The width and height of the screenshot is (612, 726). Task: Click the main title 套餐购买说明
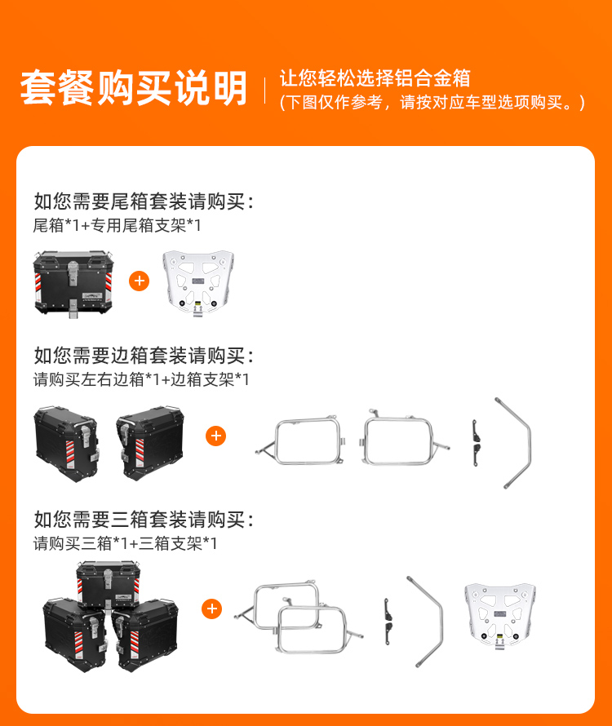pyautogui.click(x=134, y=87)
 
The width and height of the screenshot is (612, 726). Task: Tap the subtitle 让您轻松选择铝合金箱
pyautogui.click(x=375, y=77)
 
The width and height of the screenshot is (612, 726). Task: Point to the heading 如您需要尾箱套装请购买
pyautogui.click(x=144, y=201)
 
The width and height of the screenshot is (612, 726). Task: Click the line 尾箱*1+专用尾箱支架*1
pyautogui.click(x=118, y=225)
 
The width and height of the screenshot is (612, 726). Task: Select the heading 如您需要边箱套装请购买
pyautogui.click(x=144, y=356)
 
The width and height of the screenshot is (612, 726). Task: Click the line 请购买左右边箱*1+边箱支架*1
pyautogui.click(x=141, y=379)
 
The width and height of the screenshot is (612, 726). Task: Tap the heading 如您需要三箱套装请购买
pyautogui.click(x=144, y=520)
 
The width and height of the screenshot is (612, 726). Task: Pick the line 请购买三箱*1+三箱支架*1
pyautogui.click(x=125, y=543)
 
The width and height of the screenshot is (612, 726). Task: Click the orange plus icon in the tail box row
pyautogui.click(x=139, y=281)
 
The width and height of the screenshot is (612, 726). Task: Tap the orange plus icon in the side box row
pyautogui.click(x=216, y=436)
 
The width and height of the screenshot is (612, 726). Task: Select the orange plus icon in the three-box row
pyautogui.click(x=212, y=609)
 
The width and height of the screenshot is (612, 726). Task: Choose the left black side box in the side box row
pyautogui.click(x=67, y=445)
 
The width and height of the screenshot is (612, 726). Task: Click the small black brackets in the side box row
pyautogui.click(x=476, y=443)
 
